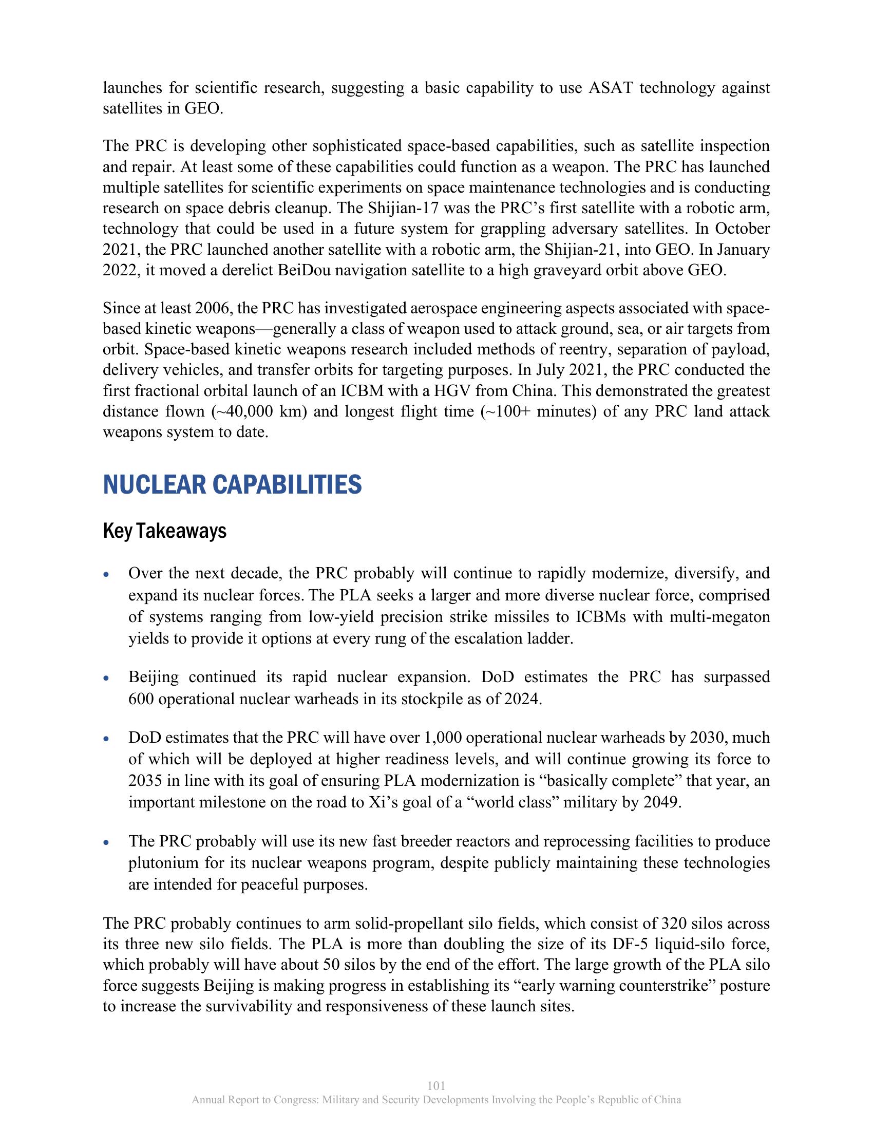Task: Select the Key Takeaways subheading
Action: click(164, 531)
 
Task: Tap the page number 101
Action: click(436, 1085)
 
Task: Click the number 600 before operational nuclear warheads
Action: click(141, 699)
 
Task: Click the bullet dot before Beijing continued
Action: click(106, 679)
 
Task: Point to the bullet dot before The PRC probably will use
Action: click(106, 842)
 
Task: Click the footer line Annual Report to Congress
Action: click(436, 1099)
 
